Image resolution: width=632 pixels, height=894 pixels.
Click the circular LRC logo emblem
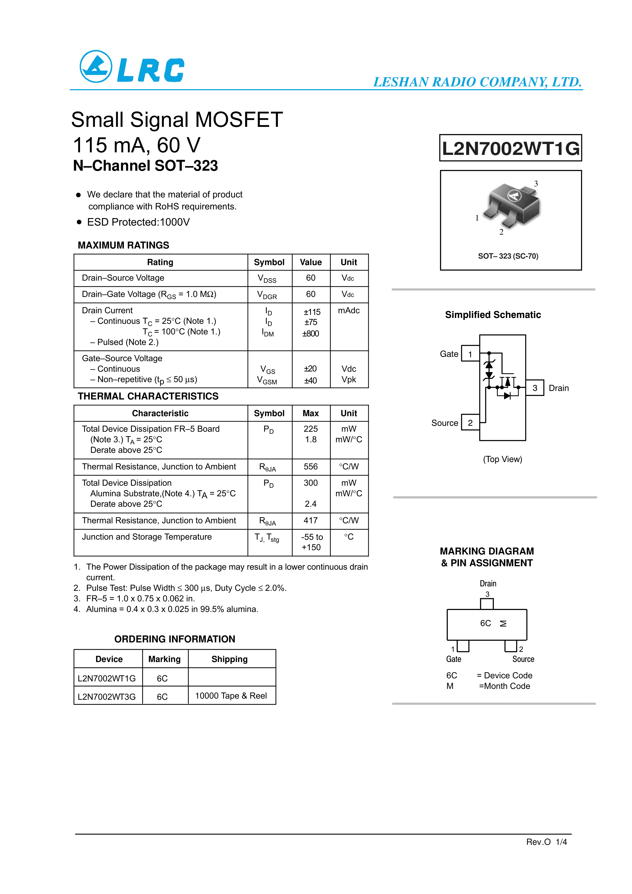pyautogui.click(x=96, y=66)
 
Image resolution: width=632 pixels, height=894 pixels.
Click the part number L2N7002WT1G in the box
pyautogui.click(x=510, y=148)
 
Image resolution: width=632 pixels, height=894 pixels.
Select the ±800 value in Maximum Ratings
pyautogui.click(x=311, y=334)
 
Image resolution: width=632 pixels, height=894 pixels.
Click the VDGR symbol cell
pyautogui.click(x=267, y=295)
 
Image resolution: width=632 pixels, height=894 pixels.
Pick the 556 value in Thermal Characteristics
pyautogui.click(x=311, y=466)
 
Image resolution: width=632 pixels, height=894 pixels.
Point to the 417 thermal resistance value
pyautogui.click(x=311, y=521)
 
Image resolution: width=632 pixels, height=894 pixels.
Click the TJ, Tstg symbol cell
pyautogui.click(x=267, y=538)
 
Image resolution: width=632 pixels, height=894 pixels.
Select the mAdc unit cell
pyautogui.click(x=349, y=311)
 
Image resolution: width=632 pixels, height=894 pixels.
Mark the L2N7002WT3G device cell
pyautogui.click(x=107, y=697)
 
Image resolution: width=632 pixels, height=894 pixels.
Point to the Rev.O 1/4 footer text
pyautogui.click(x=546, y=842)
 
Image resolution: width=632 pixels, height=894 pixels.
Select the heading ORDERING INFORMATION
pyautogui.click(x=175, y=639)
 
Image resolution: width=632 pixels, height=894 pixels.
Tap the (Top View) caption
pyautogui.click(x=502, y=459)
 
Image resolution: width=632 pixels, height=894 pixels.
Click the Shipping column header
pyautogui.click(x=229, y=659)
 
